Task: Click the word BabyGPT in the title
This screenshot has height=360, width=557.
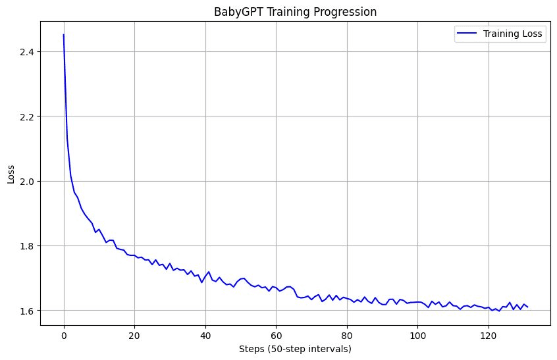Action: (x=239, y=11)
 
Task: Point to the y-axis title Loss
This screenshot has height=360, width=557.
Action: (x=11, y=173)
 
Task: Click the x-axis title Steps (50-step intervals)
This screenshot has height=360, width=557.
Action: (x=296, y=349)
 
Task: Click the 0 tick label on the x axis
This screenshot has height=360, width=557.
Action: (x=64, y=335)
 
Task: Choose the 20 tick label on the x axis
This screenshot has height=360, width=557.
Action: (x=134, y=335)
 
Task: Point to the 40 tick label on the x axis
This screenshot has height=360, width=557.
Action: (x=205, y=335)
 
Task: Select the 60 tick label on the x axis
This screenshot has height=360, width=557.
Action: (x=276, y=335)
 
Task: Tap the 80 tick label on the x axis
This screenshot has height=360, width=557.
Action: (x=347, y=335)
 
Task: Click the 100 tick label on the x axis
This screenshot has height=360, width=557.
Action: (x=417, y=335)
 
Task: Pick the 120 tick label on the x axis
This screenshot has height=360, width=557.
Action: (x=489, y=335)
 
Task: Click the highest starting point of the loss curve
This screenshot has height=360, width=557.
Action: (x=64, y=35)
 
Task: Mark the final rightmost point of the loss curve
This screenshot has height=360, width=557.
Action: (x=527, y=307)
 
